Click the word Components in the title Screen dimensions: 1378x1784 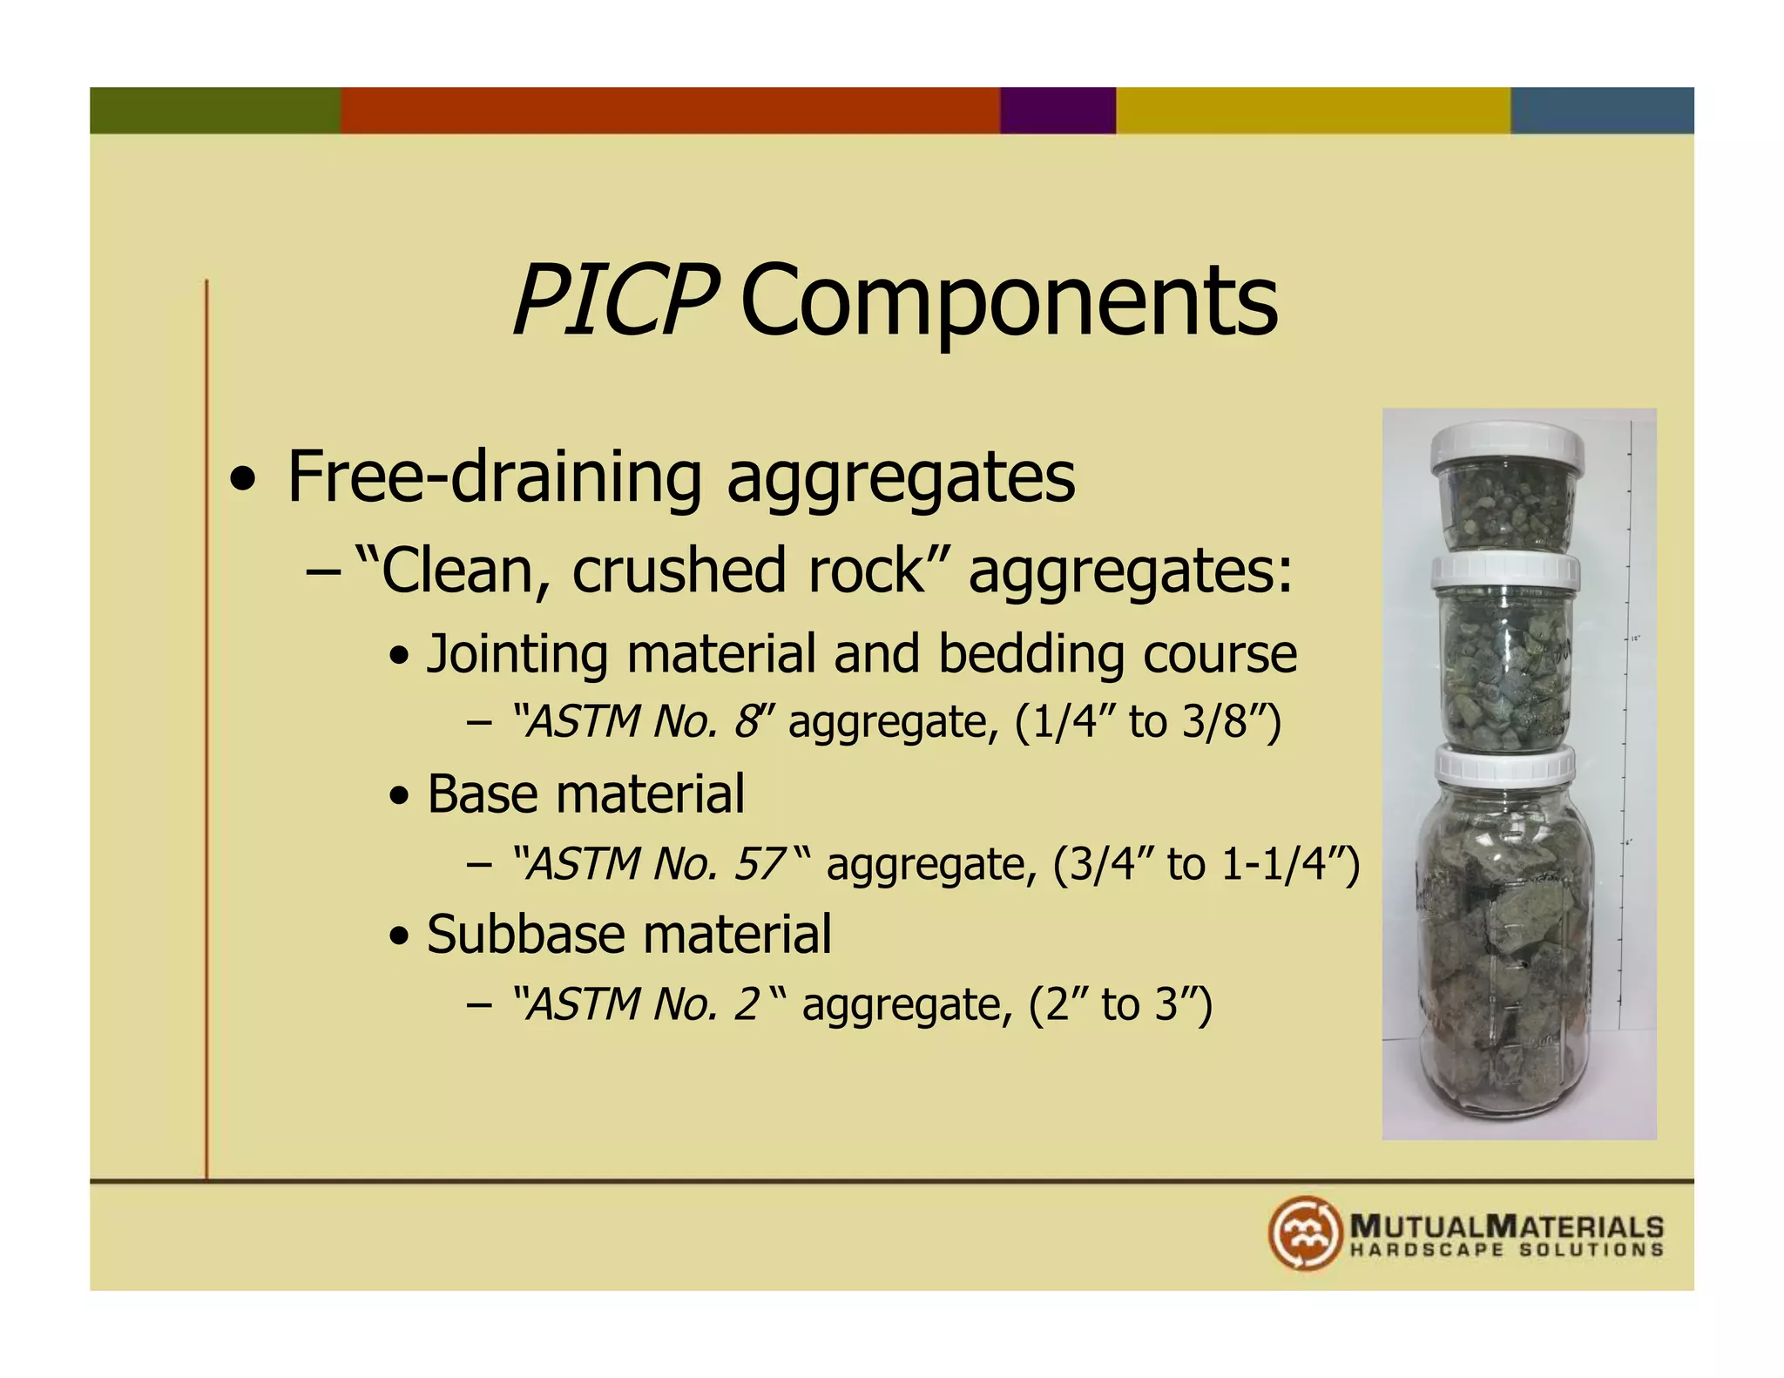pyautogui.click(x=1009, y=301)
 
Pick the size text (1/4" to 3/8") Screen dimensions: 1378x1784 pyautogui.click(x=1148, y=722)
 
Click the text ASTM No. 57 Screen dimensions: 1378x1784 pyautogui.click(x=654, y=864)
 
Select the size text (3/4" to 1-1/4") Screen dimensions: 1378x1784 pyautogui.click(x=1206, y=864)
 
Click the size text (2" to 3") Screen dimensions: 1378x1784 pyautogui.click(x=1120, y=1004)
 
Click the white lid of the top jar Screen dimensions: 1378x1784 pyautogui.click(x=1507, y=447)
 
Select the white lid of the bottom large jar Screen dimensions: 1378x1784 pyautogui.click(x=1505, y=765)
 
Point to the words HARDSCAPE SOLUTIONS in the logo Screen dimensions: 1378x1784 pyautogui.click(x=1506, y=1250)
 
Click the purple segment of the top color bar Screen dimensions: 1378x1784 pyautogui.click(x=1058, y=111)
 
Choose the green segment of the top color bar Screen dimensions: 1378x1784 pyautogui.click(x=215, y=111)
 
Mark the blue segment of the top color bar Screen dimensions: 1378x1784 pyautogui.click(x=1602, y=111)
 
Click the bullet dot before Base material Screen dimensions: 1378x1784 pyautogui.click(x=399, y=795)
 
